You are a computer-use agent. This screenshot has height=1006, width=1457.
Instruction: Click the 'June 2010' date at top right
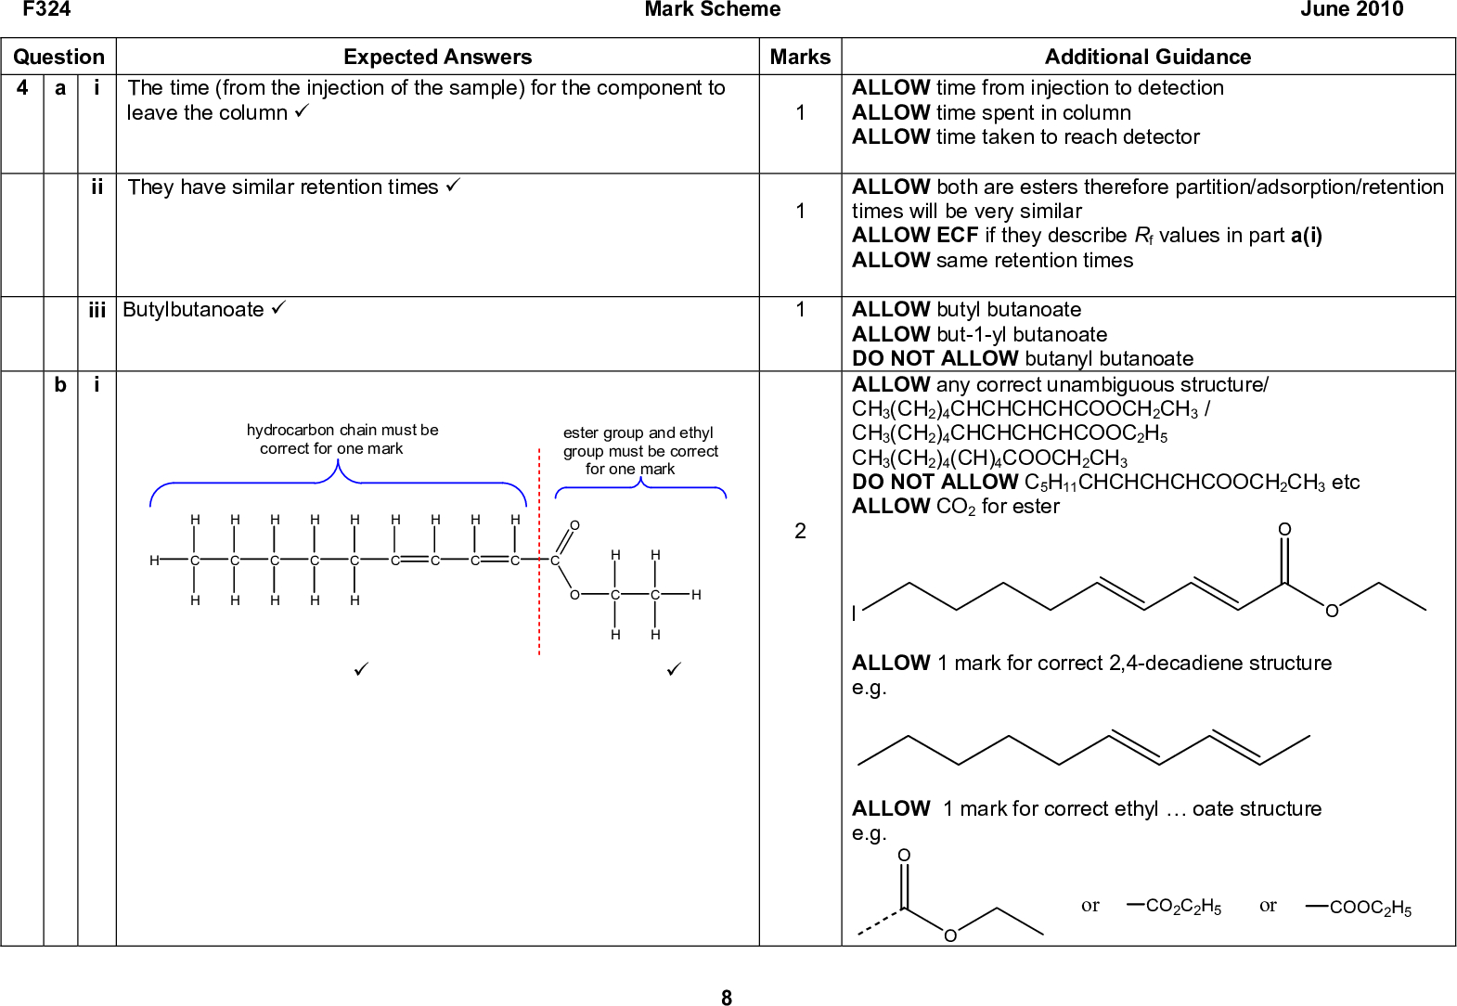[x=1351, y=10]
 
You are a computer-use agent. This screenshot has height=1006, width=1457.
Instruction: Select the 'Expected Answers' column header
[x=437, y=57]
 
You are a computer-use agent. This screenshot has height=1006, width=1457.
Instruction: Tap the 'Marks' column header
[x=800, y=57]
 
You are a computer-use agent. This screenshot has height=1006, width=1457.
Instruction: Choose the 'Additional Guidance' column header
[x=1147, y=57]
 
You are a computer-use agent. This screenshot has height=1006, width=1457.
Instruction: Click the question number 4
[x=22, y=88]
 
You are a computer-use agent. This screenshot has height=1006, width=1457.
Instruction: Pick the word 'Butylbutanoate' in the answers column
[x=193, y=310]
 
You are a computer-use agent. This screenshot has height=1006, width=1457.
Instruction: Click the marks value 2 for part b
[x=800, y=531]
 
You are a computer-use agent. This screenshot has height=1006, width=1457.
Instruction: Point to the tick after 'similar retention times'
[x=452, y=187]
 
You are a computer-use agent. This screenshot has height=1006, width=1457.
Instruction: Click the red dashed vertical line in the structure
[x=539, y=557]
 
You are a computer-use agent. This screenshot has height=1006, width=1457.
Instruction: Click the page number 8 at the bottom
[x=727, y=998]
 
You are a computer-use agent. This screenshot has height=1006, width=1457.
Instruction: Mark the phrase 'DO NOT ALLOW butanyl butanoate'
[x=1022, y=359]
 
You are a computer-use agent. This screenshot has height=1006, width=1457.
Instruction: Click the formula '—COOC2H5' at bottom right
[x=1360, y=909]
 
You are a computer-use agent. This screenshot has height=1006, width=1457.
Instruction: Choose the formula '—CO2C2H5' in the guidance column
[x=1174, y=907]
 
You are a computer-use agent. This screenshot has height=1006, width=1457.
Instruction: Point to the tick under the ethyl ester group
[x=675, y=668]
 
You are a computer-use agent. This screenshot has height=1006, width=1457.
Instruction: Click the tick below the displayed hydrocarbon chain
[x=362, y=668]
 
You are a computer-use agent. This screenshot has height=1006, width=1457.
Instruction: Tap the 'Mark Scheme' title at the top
[x=712, y=10]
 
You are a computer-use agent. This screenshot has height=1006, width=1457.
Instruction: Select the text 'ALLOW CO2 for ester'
[x=955, y=507]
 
